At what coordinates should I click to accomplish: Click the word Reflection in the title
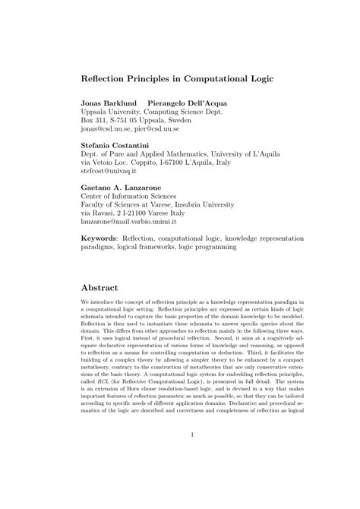point(107,77)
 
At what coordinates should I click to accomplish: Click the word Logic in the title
point(262,77)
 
